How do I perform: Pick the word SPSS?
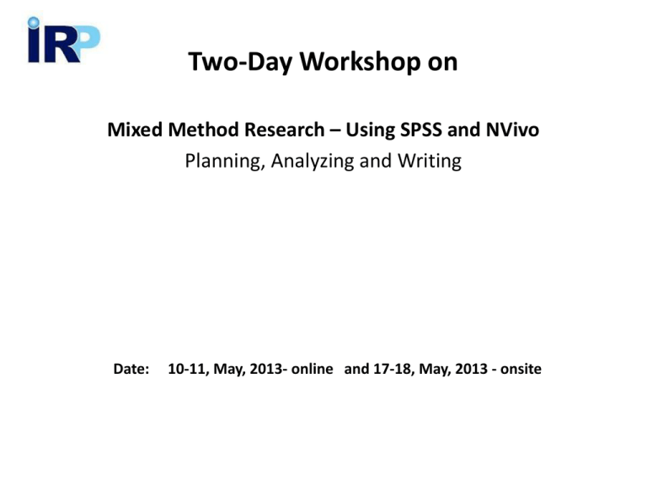click(x=422, y=131)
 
